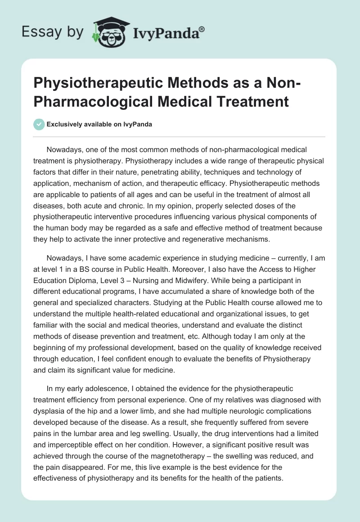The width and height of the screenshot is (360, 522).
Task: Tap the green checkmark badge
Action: click(x=39, y=124)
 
